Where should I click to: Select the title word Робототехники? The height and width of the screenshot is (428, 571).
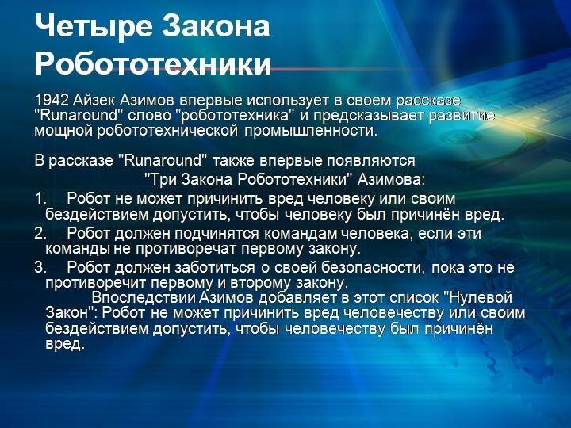click(153, 64)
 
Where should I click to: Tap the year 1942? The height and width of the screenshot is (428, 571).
click(52, 100)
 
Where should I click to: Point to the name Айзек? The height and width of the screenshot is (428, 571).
click(94, 100)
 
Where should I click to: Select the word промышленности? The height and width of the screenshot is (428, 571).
click(311, 131)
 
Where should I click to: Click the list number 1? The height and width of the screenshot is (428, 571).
click(40, 199)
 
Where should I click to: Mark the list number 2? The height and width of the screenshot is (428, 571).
click(40, 233)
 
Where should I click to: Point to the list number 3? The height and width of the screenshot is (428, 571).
click(40, 268)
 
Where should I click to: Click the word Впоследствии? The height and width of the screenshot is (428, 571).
click(143, 298)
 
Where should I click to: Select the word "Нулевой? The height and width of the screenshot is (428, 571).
click(479, 298)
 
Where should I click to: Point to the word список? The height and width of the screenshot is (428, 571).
click(414, 298)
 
